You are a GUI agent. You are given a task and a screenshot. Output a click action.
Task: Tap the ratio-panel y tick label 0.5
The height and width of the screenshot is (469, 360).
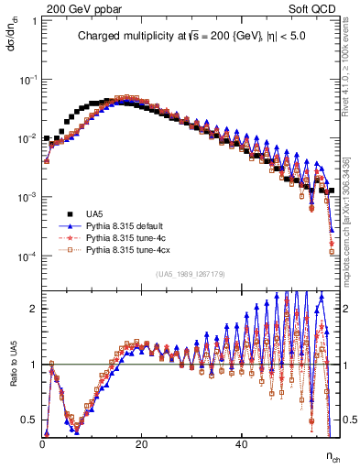coord(31,420)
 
